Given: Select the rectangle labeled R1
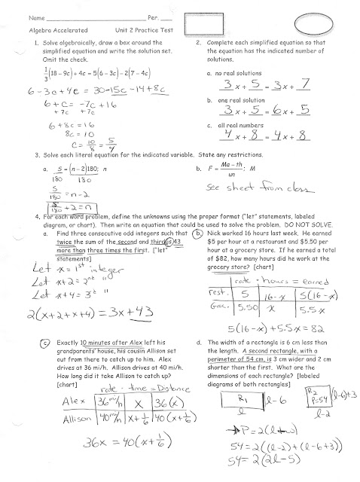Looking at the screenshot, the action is (242, 401).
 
